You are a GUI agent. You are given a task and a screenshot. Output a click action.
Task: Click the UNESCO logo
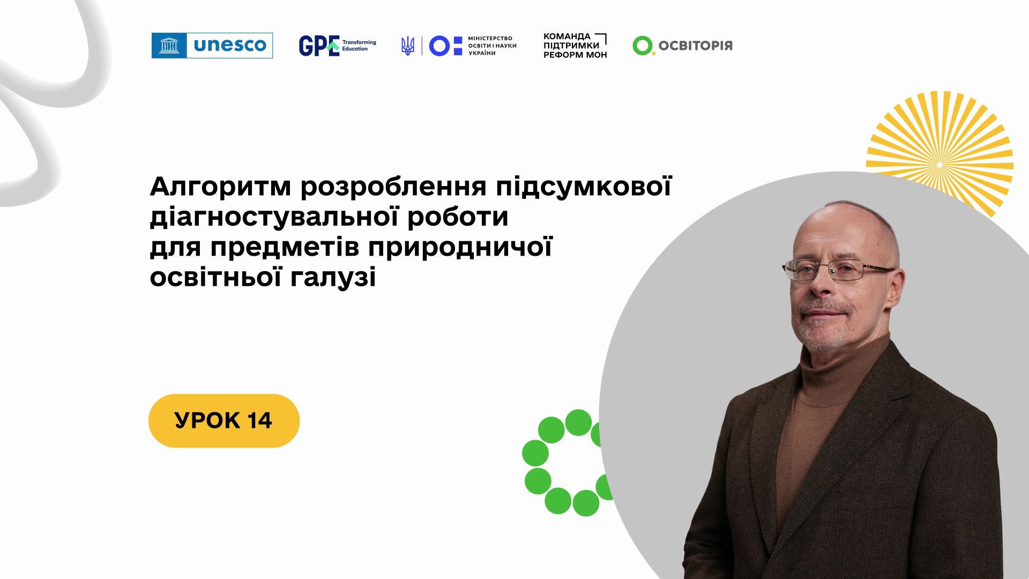click(212, 46)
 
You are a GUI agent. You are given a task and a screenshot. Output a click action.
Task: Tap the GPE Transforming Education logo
click(338, 46)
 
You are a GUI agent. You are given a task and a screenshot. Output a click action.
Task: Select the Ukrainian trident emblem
click(408, 46)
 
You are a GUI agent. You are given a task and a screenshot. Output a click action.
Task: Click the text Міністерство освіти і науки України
click(492, 46)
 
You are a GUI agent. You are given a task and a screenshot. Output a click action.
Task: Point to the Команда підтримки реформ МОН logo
click(575, 46)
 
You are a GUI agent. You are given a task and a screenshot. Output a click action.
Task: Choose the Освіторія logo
click(682, 46)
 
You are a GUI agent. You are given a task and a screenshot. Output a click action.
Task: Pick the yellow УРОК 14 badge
click(224, 421)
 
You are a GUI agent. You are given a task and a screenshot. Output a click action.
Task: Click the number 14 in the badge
click(260, 421)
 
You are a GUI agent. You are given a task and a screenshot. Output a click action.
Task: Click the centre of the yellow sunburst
click(939, 164)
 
